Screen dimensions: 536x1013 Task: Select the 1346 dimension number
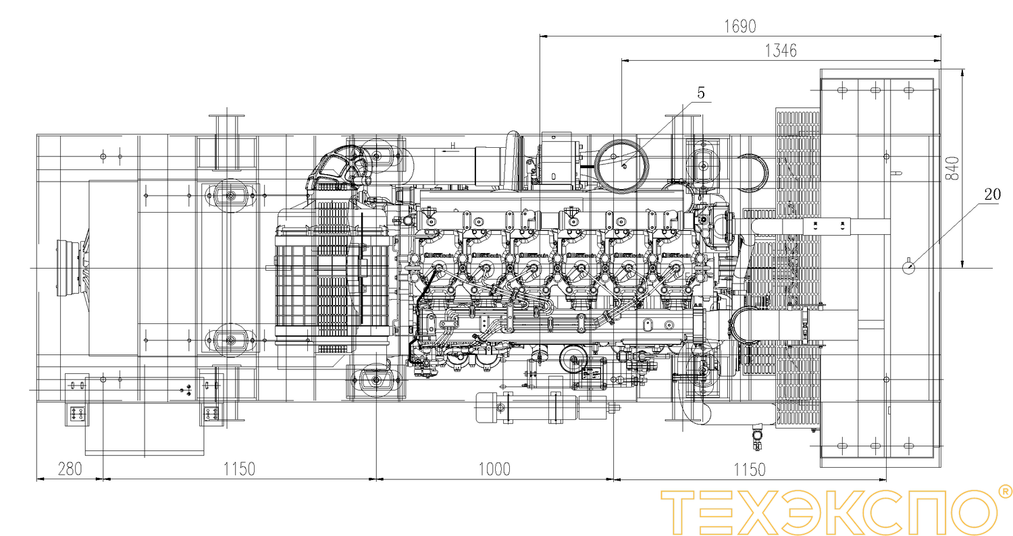coord(781,50)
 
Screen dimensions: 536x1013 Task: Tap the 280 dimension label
coord(69,468)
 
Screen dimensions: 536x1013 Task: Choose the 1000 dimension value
coord(494,468)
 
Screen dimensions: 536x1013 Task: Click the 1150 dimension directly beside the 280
coord(239,468)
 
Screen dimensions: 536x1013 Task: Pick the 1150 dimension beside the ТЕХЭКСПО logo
coord(750,468)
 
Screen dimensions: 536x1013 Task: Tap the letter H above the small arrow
coord(454,145)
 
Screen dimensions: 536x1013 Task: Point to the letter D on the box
coord(553,176)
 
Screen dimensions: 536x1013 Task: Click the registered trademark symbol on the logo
coord(1004,492)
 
